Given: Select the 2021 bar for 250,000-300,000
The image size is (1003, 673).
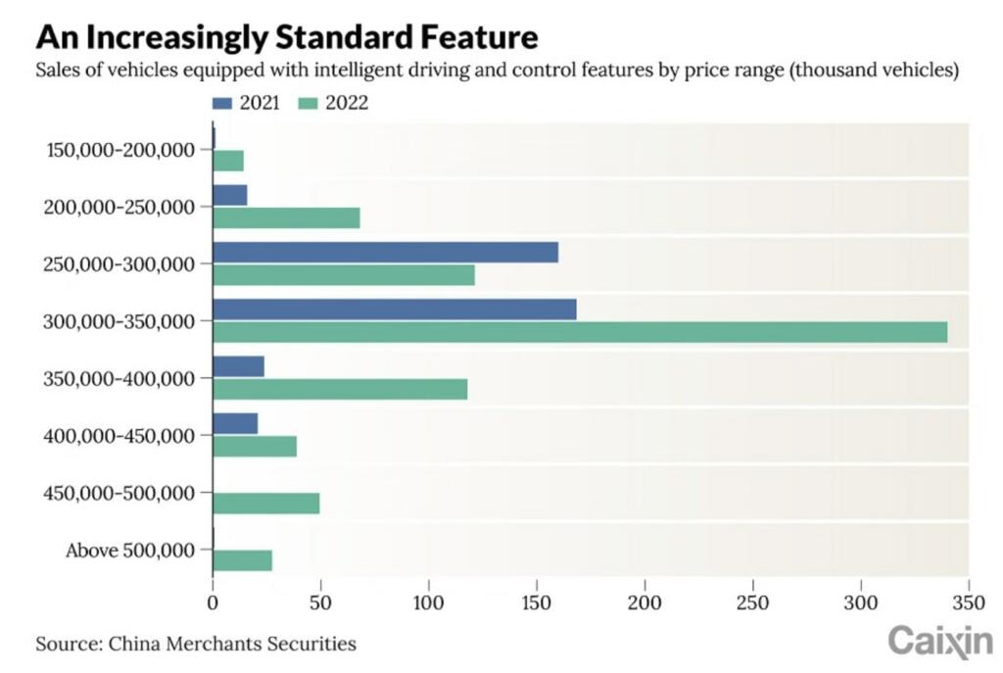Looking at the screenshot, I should (385, 253).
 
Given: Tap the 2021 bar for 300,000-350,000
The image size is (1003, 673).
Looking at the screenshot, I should (394, 310).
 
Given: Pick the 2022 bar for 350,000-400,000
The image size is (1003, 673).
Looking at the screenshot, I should (340, 389).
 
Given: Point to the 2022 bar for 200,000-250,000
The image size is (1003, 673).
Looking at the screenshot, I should (286, 217).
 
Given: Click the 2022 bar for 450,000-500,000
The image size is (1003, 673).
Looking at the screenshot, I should (265, 504).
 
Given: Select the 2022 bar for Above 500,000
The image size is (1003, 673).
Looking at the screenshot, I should (242, 560).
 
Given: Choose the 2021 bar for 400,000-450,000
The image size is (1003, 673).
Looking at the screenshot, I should (235, 423).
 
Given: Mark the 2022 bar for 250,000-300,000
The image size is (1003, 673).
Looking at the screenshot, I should (344, 275).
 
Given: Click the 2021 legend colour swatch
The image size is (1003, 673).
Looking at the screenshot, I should (221, 103).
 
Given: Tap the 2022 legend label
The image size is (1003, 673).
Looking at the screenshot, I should (348, 103).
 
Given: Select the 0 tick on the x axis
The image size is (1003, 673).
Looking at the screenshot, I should (213, 582).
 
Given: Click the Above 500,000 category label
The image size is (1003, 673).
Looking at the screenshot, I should (130, 551).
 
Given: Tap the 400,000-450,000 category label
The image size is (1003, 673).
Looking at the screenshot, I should (121, 435).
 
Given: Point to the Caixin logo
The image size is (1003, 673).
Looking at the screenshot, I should (939, 641).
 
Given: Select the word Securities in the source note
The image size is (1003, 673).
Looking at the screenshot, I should (315, 644).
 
